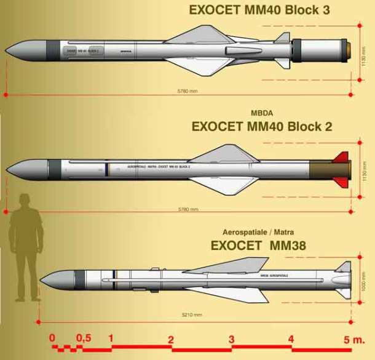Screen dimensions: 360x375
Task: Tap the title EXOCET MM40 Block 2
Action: pos(262,127)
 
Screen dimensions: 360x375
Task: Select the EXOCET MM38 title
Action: pos(259,245)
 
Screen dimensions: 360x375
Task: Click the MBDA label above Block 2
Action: pos(262,113)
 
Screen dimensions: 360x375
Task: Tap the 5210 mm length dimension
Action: pos(191,314)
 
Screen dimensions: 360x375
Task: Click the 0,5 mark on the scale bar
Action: pos(84,338)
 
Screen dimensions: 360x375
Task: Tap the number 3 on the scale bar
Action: pos(231,339)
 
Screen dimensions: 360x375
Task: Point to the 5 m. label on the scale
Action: pos(354,340)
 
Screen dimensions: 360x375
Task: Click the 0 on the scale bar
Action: pos(52,338)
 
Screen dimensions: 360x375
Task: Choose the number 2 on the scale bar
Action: pos(171,339)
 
